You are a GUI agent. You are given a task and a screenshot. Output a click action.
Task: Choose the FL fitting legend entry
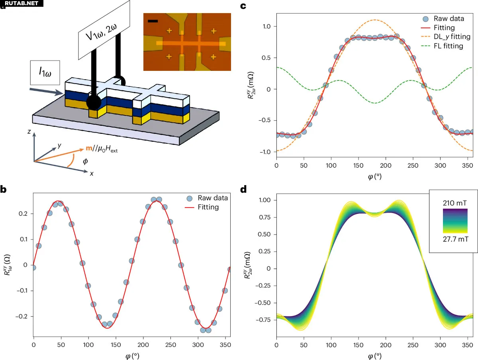tap(437, 46)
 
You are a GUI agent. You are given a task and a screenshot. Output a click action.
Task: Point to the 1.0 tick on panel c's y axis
tap(267, 26)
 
